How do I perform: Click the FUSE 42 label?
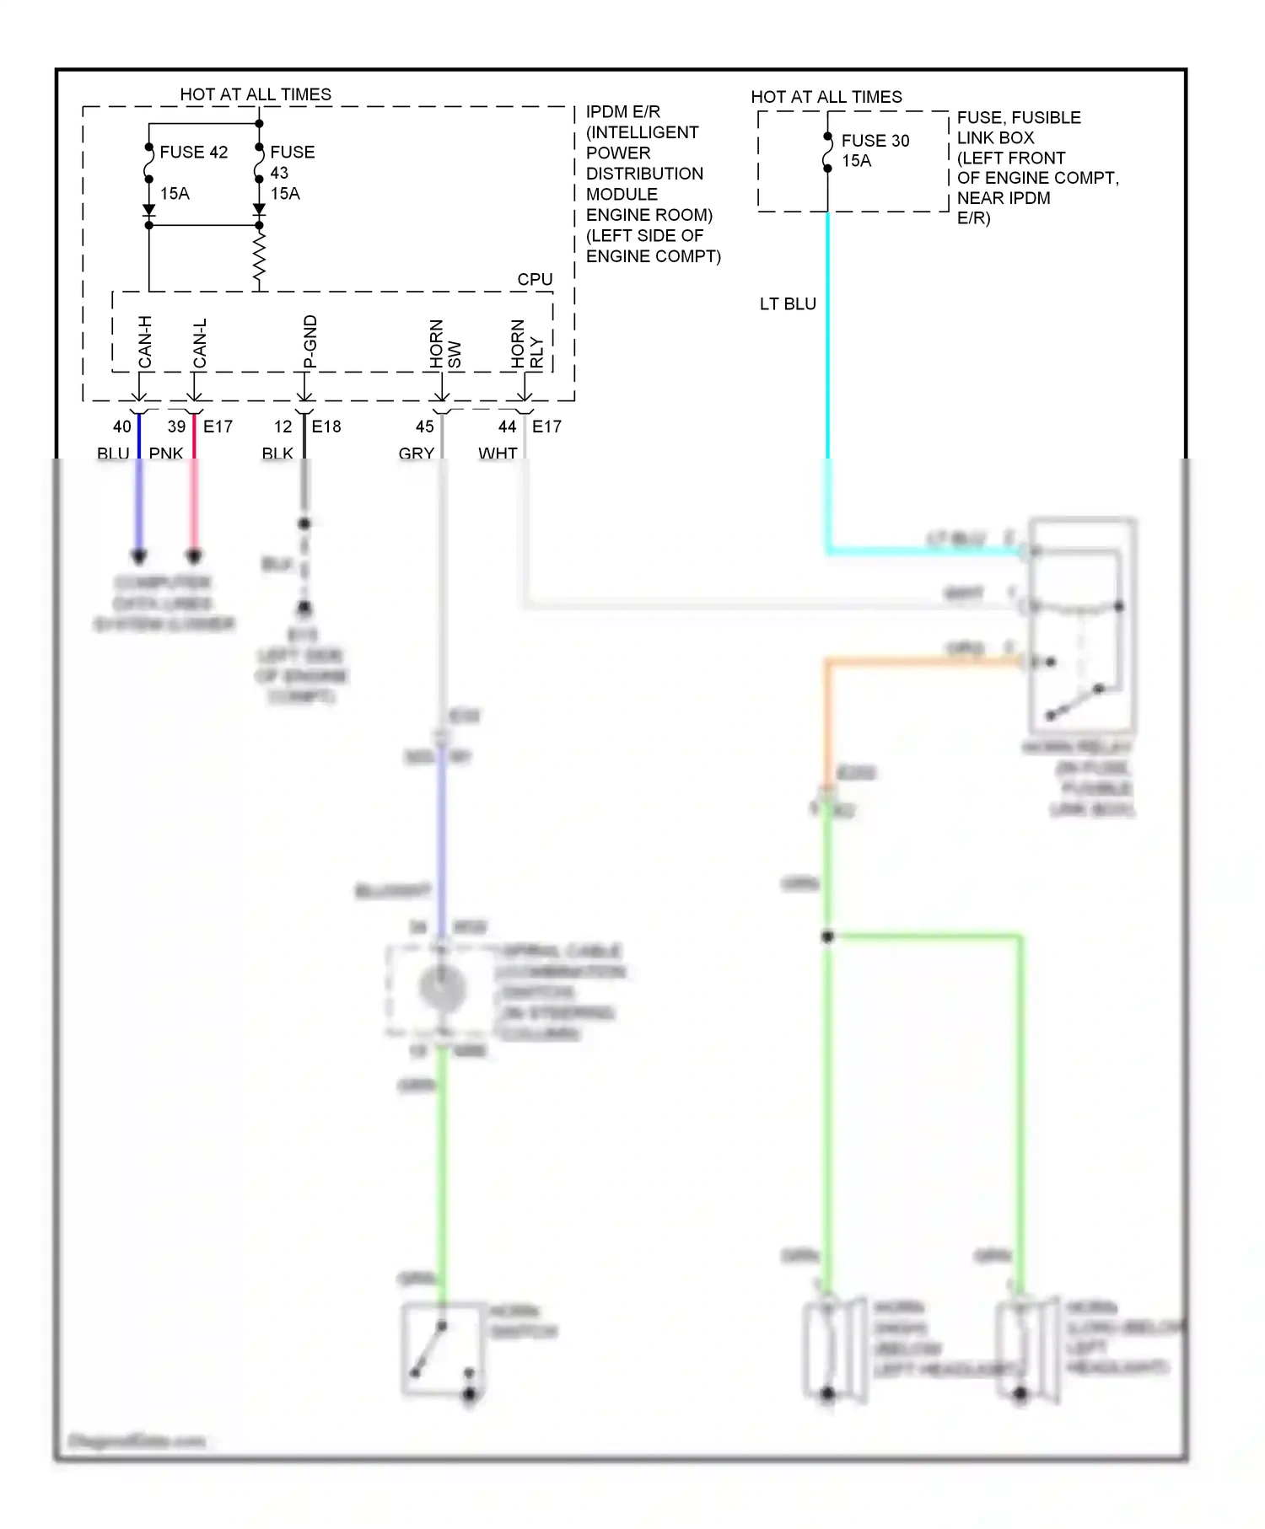click(x=193, y=153)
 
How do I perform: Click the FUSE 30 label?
click(x=875, y=141)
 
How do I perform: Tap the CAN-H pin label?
click(x=145, y=342)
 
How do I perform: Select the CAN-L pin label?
click(x=200, y=343)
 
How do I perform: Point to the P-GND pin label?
click(x=310, y=341)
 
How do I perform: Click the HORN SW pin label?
click(x=444, y=344)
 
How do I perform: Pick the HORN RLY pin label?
click(x=527, y=344)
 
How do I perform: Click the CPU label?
click(x=535, y=279)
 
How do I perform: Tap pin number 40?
click(x=122, y=427)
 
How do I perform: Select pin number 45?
click(x=425, y=427)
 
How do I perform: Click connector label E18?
click(x=326, y=427)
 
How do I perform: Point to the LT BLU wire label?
click(x=788, y=304)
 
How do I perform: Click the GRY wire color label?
click(x=416, y=453)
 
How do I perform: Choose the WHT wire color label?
click(x=498, y=453)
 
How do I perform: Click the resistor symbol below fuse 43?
click(x=259, y=258)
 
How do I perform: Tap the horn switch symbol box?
click(x=443, y=1349)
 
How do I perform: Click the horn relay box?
click(x=1082, y=625)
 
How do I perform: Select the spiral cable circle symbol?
click(x=442, y=988)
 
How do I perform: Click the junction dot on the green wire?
click(x=827, y=936)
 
